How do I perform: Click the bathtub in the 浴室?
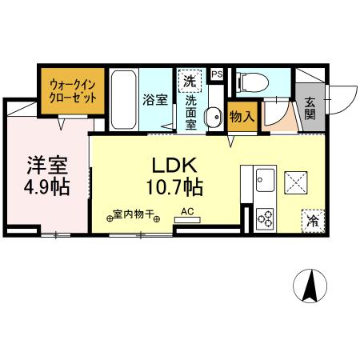click(x=124, y=99)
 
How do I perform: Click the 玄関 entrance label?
click(x=310, y=106)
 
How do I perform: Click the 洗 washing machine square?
click(x=190, y=80)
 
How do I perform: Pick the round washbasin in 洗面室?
click(x=214, y=118)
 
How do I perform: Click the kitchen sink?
click(x=266, y=180)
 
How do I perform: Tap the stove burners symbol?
click(x=265, y=217)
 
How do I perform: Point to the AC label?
click(x=188, y=212)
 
